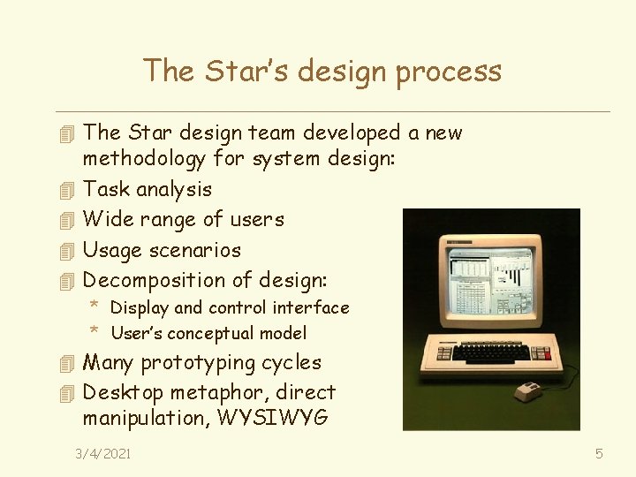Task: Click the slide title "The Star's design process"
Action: (x=322, y=71)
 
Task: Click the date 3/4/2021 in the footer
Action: (x=103, y=453)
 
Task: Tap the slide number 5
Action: (x=599, y=453)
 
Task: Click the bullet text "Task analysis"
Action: (x=148, y=189)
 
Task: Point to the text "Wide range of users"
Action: (x=183, y=219)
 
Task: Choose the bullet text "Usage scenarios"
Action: (x=162, y=250)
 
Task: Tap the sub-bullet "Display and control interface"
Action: (x=230, y=308)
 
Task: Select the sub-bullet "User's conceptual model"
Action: (x=208, y=333)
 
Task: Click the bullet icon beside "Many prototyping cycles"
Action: (x=62, y=363)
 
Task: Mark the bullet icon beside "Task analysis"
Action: (x=62, y=189)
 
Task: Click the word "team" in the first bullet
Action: (x=271, y=133)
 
